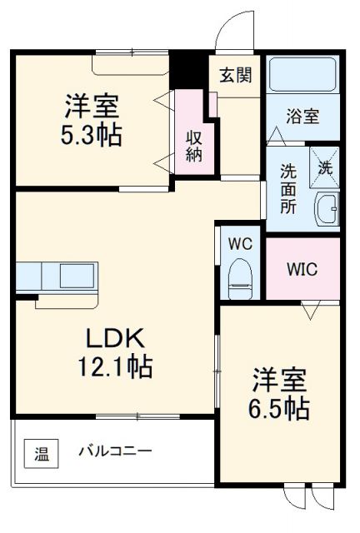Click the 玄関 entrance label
pyautogui.click(x=235, y=74)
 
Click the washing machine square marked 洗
pyautogui.click(x=324, y=166)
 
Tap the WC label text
pyautogui.click(x=241, y=246)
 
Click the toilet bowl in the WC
pyautogui.click(x=240, y=274)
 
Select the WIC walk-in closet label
pyautogui.click(x=302, y=271)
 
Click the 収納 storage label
pyautogui.click(x=193, y=147)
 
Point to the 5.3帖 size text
pyautogui.click(x=91, y=135)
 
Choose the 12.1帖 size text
pyautogui.click(x=117, y=366)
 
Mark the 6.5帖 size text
pyautogui.click(x=281, y=408)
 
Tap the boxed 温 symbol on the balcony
pyautogui.click(x=41, y=455)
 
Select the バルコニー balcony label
pyautogui.click(x=115, y=453)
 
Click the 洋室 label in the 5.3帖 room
pyautogui.click(x=92, y=107)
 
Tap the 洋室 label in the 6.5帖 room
pyautogui.click(x=281, y=380)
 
